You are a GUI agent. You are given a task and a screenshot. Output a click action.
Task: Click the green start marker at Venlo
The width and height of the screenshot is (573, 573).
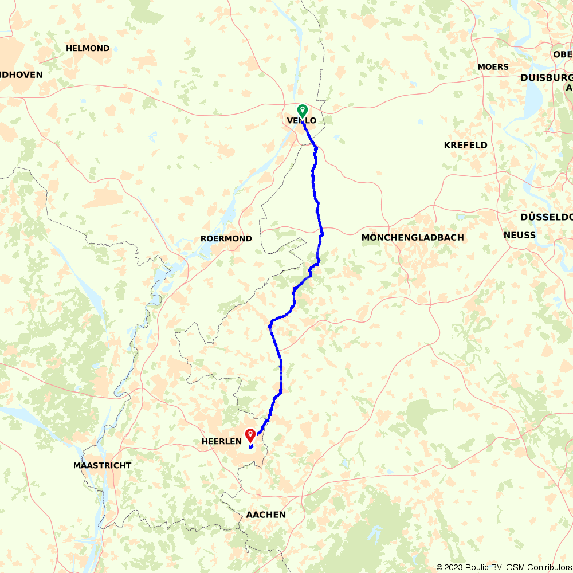tap(302, 110)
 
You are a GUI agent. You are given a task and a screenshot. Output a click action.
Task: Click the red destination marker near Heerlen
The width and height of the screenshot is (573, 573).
tap(250, 435)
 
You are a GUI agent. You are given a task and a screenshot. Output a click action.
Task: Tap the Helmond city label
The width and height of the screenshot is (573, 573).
tap(88, 48)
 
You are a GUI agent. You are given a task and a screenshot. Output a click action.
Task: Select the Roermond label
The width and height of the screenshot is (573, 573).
tap(226, 238)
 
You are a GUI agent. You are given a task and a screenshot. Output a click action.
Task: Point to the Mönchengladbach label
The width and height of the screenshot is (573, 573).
tap(413, 237)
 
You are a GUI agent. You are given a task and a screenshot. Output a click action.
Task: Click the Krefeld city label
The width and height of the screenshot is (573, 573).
tap(465, 145)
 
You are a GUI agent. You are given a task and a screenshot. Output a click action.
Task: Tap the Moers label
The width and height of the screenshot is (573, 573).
tap(493, 67)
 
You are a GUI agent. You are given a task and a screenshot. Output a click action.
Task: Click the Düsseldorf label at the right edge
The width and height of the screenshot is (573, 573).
tap(546, 217)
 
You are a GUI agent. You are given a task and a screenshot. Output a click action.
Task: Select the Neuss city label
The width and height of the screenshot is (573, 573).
tap(519, 235)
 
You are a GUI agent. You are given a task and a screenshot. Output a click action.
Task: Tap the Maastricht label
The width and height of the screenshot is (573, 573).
tap(102, 465)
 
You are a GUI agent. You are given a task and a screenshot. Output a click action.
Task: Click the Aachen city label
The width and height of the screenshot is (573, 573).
tap(265, 515)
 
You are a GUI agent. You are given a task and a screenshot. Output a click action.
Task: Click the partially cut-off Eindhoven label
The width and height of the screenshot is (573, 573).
tap(21, 74)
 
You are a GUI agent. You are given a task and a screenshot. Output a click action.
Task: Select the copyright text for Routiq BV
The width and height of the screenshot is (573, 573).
tap(482, 567)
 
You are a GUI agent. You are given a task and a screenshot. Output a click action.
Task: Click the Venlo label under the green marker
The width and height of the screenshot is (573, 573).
tap(301, 120)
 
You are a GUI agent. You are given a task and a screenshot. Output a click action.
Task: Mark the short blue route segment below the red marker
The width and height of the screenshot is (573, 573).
tap(252, 446)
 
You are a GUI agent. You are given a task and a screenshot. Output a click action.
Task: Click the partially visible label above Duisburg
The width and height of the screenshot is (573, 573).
tap(563, 54)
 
